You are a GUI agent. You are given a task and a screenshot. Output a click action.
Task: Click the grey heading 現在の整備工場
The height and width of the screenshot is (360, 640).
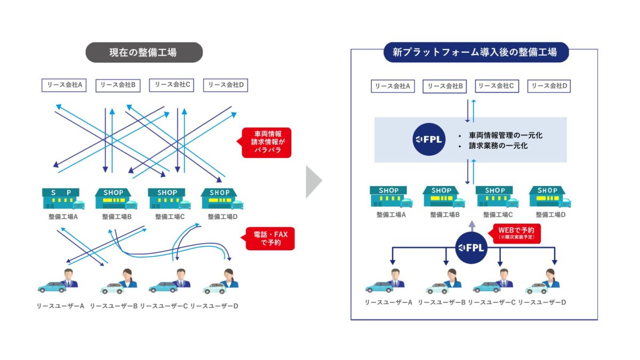[144, 52]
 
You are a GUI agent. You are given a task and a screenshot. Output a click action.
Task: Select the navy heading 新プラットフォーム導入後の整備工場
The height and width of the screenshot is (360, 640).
[475, 52]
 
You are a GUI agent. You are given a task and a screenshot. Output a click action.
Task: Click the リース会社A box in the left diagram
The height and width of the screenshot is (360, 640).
[65, 85]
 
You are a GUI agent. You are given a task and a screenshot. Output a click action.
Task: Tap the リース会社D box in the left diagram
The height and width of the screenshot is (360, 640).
[226, 85]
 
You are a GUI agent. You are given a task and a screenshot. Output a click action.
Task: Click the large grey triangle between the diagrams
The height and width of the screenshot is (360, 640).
[313, 182]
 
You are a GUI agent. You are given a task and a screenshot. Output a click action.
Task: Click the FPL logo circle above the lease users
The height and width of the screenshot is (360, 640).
[471, 248]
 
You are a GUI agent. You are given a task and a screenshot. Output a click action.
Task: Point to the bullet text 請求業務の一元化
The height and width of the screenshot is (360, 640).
[498, 145]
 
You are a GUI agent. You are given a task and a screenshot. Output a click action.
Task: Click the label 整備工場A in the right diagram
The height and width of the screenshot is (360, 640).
[391, 214]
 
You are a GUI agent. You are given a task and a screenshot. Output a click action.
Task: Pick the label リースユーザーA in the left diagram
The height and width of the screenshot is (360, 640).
[61, 306]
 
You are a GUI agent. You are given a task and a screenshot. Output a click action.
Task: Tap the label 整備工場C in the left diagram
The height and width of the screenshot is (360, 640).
[170, 217]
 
